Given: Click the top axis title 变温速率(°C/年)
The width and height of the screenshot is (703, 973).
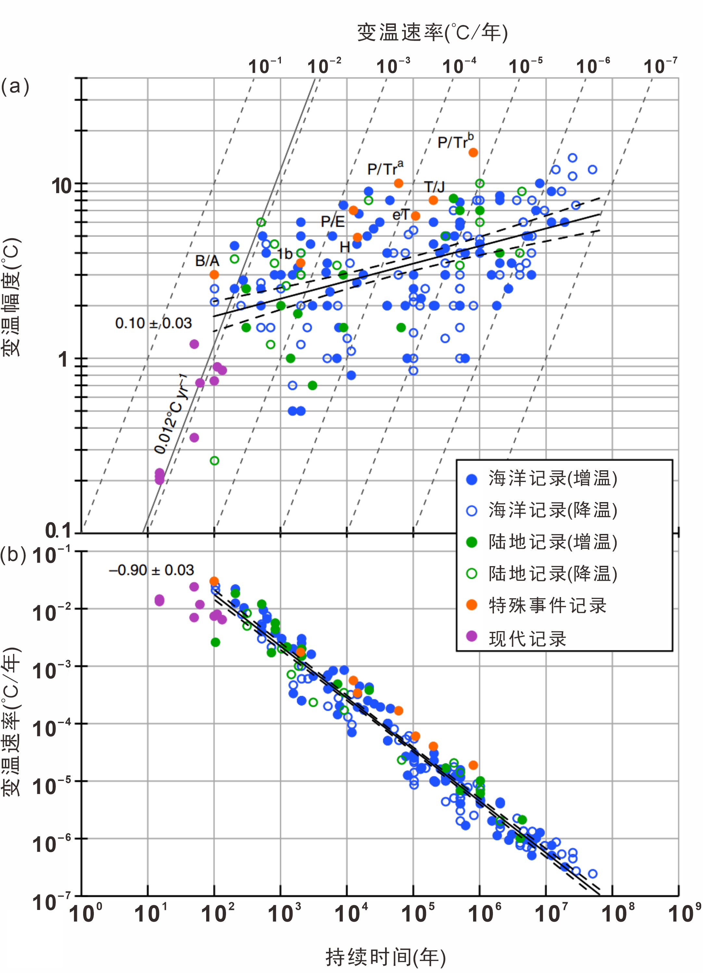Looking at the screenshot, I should (432, 32).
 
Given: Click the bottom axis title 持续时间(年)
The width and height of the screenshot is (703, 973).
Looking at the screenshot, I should (385, 956).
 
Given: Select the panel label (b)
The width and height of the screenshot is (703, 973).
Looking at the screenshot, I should (13, 555).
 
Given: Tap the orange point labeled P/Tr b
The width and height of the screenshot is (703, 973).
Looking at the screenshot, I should (473, 153).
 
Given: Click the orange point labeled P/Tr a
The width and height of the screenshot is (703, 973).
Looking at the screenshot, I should (398, 183).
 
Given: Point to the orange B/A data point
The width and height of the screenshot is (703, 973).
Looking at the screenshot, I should (214, 275).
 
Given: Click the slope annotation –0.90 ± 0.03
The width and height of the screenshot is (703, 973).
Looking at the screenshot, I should (151, 570).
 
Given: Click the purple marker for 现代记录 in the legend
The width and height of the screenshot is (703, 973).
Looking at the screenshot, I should (471, 636).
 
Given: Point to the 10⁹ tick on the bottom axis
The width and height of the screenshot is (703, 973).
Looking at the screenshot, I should (684, 913).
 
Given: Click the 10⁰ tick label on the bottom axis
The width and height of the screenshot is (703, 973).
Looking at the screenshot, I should (86, 913).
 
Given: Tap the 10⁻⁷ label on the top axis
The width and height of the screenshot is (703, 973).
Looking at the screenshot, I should (660, 67).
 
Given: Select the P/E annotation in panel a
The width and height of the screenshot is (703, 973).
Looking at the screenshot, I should (333, 221).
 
